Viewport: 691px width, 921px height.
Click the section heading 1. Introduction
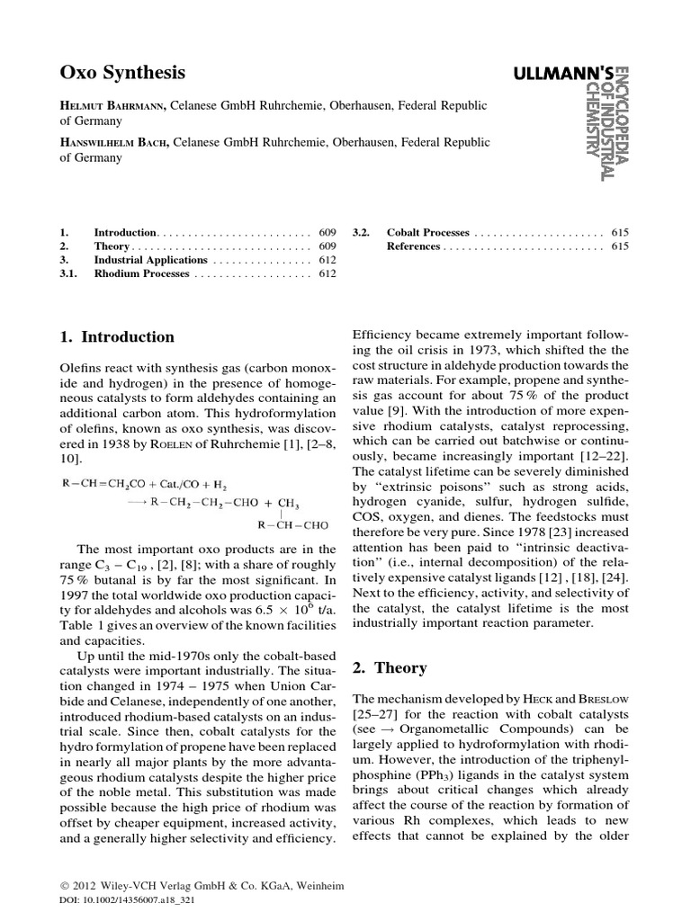117,337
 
